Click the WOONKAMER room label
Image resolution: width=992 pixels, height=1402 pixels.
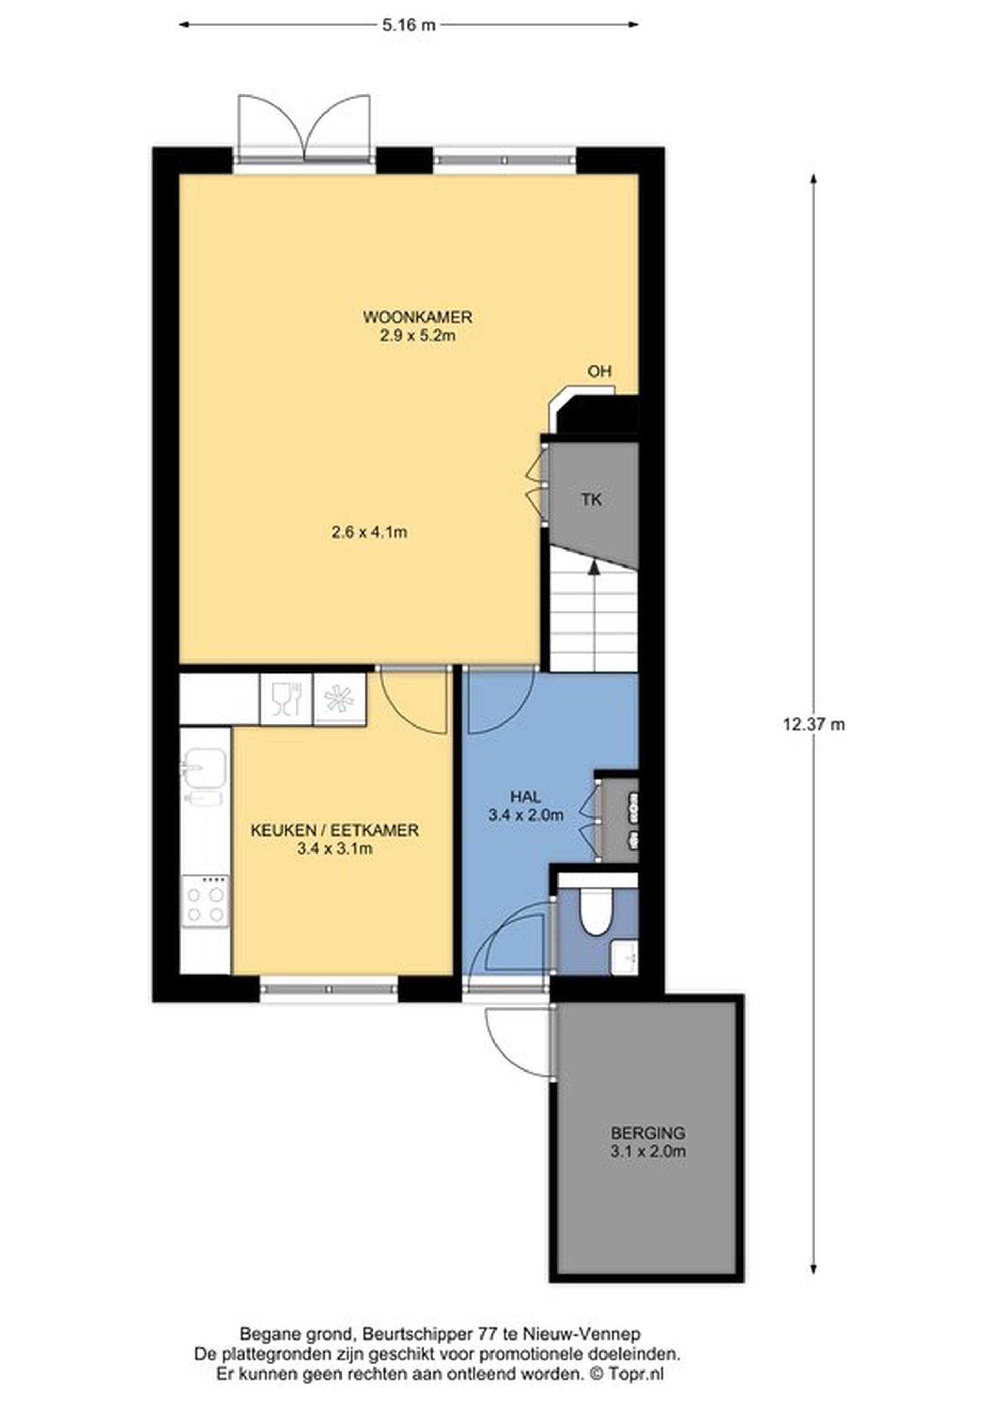(418, 317)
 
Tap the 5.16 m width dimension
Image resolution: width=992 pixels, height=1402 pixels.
(409, 25)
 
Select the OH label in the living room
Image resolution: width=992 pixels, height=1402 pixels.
(599, 371)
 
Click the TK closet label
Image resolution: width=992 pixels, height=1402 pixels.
(591, 499)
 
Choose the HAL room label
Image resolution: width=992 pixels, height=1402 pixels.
(525, 796)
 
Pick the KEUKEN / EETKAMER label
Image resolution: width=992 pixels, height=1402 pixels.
(335, 830)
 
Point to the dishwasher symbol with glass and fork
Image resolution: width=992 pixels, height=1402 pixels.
(286, 699)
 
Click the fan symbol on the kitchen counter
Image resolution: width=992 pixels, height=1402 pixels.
(339, 699)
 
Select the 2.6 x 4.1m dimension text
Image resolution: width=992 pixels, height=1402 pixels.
(369, 532)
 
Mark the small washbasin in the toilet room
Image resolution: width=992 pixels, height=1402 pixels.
(624, 957)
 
